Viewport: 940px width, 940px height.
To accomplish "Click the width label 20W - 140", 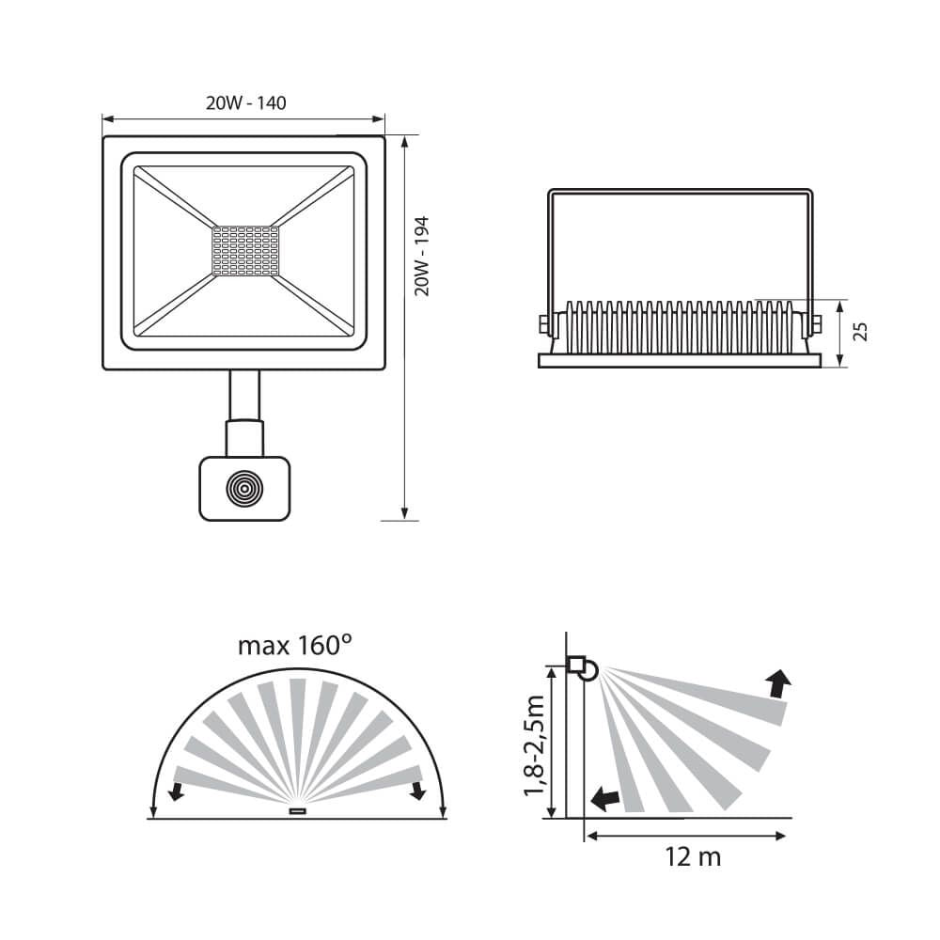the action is coord(245,103).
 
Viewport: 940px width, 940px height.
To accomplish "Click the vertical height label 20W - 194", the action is coord(422,256).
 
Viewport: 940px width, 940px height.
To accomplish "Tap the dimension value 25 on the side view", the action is coord(860,332).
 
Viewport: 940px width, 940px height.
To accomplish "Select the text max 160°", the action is coord(294,646).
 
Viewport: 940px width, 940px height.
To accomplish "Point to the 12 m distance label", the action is coord(693,856).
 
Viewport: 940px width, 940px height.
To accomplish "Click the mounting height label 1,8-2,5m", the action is coord(534,745).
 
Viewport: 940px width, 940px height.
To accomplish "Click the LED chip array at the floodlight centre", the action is coord(245,251).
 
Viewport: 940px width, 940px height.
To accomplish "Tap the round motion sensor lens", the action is coord(244,489).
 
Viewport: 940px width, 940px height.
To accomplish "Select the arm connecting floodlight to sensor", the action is coord(244,413).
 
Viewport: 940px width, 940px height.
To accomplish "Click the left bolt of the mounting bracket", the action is coord(544,325).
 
